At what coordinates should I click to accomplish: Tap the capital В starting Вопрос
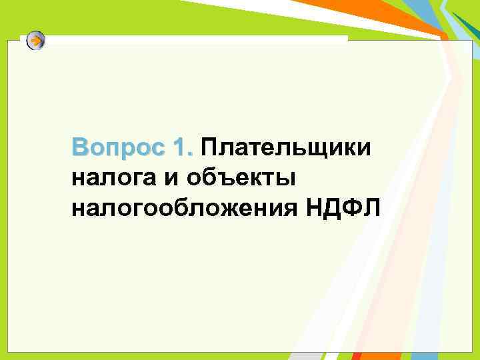(x=80, y=148)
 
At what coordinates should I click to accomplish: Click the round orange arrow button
(x=36, y=41)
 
